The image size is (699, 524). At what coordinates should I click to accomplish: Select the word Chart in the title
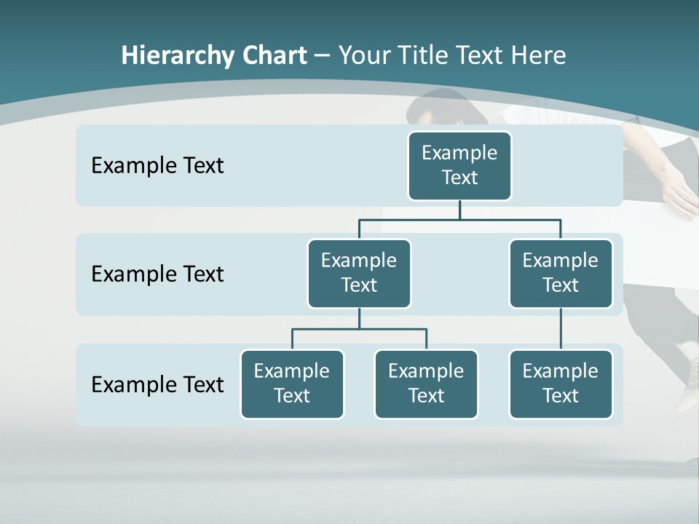coord(272,56)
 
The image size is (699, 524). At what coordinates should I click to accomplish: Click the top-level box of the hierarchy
coord(459,165)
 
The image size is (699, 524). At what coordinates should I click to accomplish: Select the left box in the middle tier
coord(359,273)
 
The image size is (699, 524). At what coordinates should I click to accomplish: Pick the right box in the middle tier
coord(561,273)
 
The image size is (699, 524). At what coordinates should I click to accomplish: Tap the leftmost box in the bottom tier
coord(292,384)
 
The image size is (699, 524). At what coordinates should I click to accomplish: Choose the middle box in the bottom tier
coord(426,384)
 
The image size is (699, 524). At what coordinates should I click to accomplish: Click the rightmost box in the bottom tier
coord(561,384)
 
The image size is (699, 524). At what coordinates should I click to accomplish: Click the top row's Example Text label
coord(157,166)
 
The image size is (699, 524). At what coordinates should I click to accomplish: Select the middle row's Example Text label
coord(157,274)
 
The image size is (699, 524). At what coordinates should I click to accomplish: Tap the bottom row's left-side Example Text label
coord(157,384)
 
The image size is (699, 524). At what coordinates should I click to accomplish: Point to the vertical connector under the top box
coord(459,210)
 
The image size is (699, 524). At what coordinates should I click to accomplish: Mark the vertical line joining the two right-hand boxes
coord(561,329)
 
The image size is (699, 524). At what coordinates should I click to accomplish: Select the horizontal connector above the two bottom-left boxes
coord(359,329)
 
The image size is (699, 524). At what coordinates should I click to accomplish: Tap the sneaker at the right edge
coord(687,386)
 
